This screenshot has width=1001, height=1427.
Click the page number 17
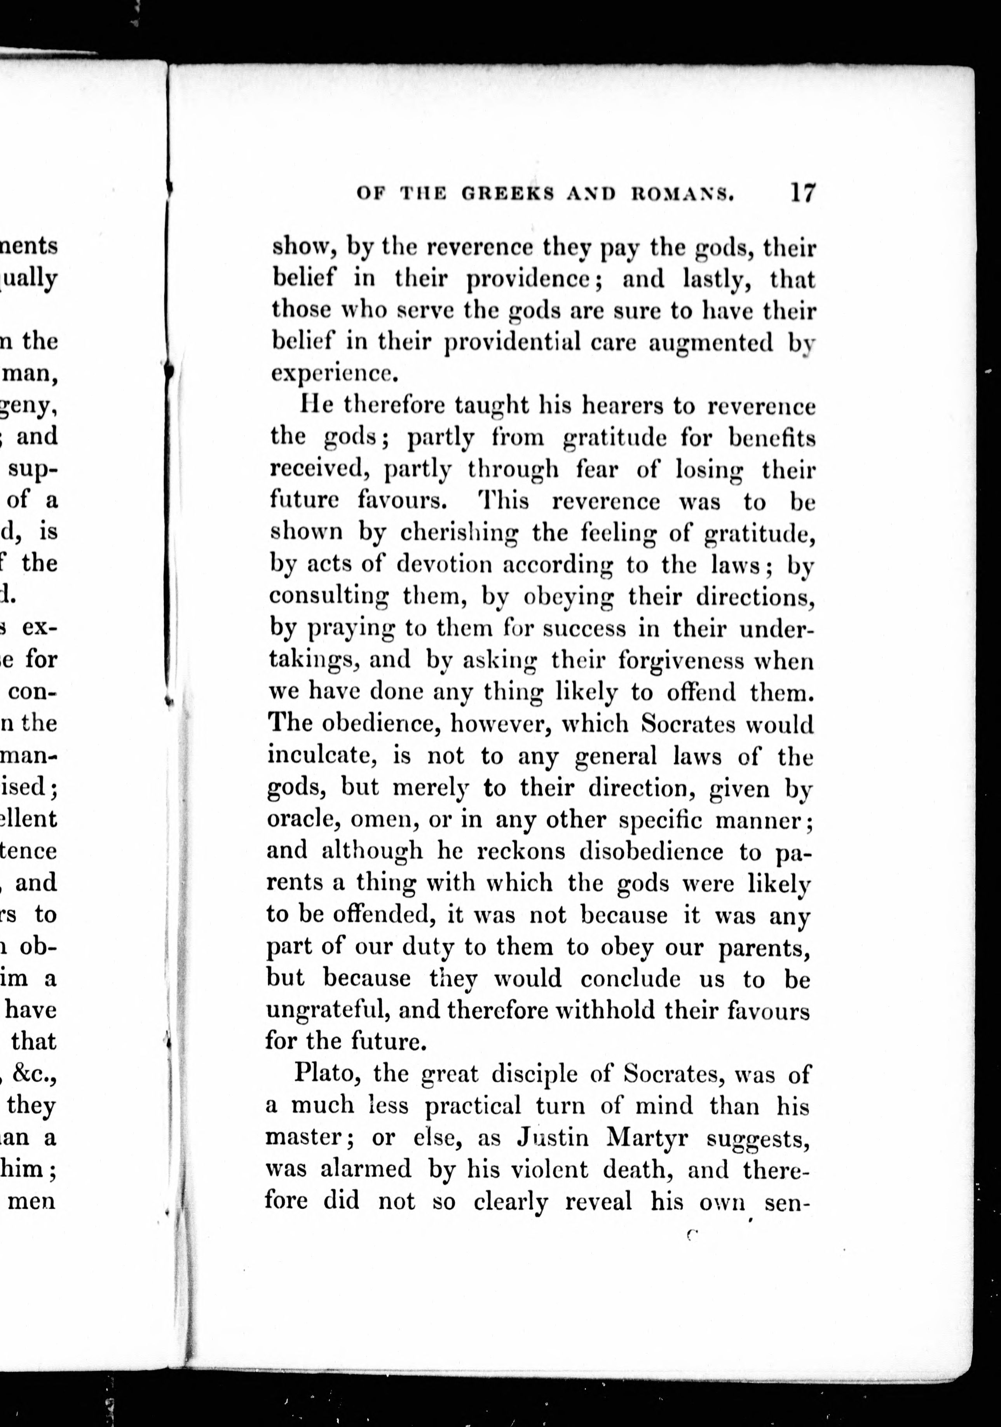pos(802,193)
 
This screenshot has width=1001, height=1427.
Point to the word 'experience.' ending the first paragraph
pos(333,373)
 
